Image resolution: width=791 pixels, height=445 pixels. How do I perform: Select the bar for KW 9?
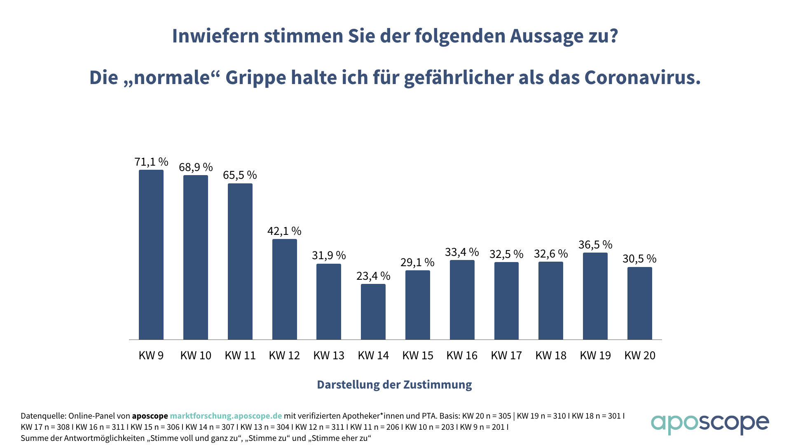151,255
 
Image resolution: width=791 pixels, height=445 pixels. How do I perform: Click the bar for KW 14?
373,311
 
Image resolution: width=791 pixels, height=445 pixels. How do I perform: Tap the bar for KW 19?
595,296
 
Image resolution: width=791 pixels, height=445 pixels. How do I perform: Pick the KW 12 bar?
284,289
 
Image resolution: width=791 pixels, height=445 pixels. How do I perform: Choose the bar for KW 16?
462,300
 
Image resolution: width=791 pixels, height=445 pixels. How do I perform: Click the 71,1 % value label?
151,162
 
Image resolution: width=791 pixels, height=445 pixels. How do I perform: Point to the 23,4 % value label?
373,276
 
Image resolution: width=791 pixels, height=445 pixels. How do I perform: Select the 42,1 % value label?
284,231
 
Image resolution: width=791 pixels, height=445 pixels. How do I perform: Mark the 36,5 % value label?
595,245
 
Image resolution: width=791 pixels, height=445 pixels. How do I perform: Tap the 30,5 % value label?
639,259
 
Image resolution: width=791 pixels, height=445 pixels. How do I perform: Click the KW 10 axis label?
196,356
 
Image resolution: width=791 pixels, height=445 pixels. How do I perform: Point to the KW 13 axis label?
329,356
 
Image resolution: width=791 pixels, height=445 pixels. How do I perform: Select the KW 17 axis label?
506,356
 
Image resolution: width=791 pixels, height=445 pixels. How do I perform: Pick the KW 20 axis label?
640,356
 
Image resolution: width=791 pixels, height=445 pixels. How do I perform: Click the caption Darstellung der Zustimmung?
394,384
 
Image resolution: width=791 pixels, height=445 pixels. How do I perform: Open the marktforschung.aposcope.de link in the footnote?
226,416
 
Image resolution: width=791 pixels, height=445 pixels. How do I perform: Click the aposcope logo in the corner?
709,424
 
